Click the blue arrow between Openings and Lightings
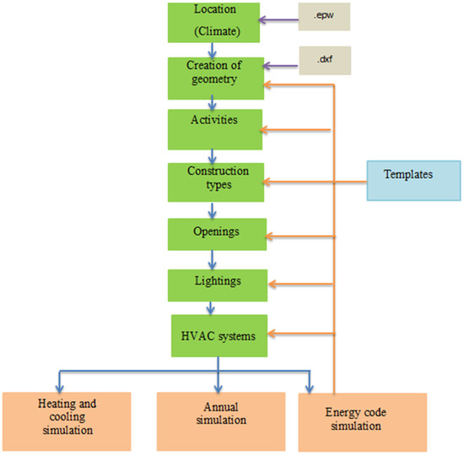pos(218,258)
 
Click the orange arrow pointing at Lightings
pos(299,284)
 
